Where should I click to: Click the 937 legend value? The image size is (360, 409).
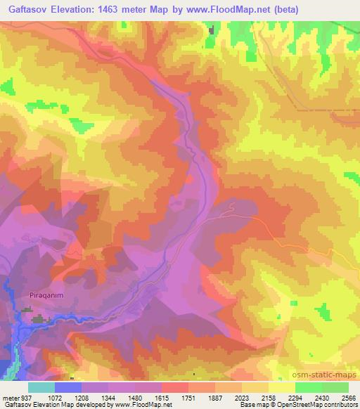click(25, 397)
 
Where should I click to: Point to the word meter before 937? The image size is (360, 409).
click(8, 397)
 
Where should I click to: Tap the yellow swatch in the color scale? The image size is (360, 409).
click(281, 387)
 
